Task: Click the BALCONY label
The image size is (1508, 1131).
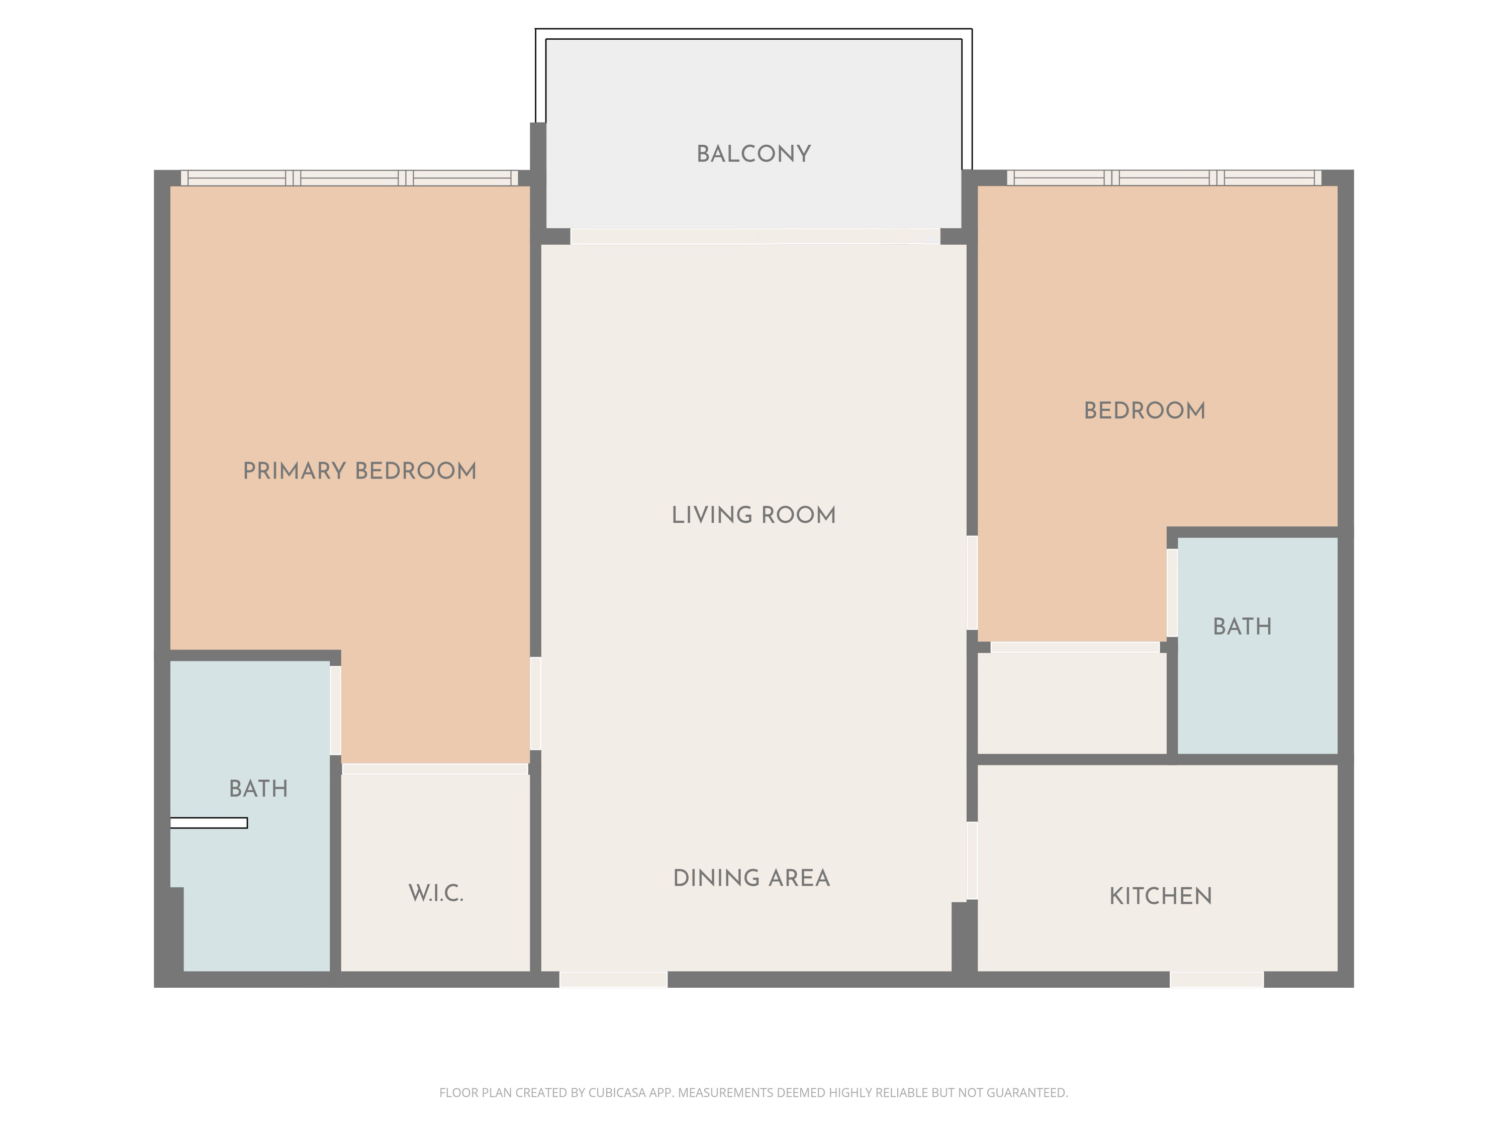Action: pyautogui.click(x=753, y=154)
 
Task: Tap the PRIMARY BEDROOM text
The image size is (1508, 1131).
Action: pyautogui.click(x=359, y=471)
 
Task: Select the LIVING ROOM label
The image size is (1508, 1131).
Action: pyautogui.click(x=753, y=515)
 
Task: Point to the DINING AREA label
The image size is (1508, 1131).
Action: pyautogui.click(x=751, y=878)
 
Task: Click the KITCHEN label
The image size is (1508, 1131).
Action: pyautogui.click(x=1160, y=896)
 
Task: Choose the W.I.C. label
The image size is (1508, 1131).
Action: pyautogui.click(x=436, y=893)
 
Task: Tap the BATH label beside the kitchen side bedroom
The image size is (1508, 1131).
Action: pyautogui.click(x=1242, y=626)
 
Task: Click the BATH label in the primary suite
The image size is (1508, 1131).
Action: pyautogui.click(x=258, y=789)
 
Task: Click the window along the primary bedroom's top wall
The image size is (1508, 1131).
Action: pyautogui.click(x=349, y=178)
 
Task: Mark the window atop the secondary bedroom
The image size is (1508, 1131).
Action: pyautogui.click(x=1164, y=178)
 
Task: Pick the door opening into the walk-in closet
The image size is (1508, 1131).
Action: pyautogui.click(x=435, y=769)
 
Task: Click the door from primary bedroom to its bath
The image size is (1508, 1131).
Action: pyautogui.click(x=335, y=710)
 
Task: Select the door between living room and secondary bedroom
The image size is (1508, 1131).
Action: pyautogui.click(x=972, y=583)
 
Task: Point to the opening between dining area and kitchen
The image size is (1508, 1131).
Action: pyautogui.click(x=972, y=861)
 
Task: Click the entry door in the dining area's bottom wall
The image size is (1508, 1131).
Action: pyautogui.click(x=613, y=980)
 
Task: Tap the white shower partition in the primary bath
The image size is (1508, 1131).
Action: pyautogui.click(x=209, y=823)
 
